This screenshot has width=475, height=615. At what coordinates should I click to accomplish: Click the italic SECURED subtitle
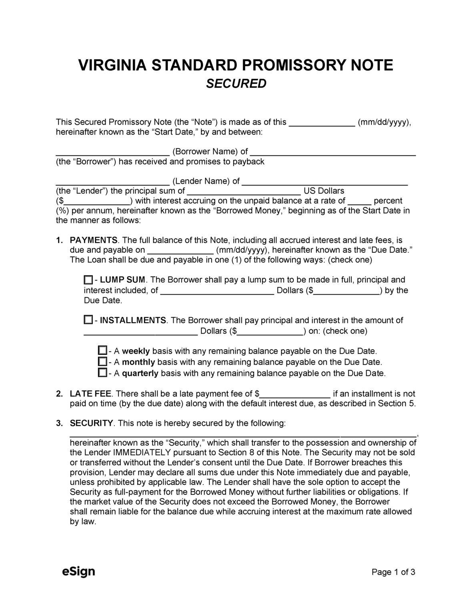(236, 84)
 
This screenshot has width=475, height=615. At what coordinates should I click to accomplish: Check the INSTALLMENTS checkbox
(88, 320)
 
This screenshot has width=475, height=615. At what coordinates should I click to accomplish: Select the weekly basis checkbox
(102, 351)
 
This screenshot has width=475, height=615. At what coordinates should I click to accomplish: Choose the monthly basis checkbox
(102, 362)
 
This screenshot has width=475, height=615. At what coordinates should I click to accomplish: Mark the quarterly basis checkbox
(102, 373)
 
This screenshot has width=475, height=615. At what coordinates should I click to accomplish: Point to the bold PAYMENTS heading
(94, 240)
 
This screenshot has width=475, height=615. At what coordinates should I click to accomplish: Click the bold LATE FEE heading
(91, 394)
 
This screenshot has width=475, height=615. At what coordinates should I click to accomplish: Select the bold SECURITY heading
(92, 423)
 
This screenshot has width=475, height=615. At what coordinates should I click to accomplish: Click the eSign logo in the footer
(78, 571)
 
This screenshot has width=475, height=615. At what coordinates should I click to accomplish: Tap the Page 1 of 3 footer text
(393, 572)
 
